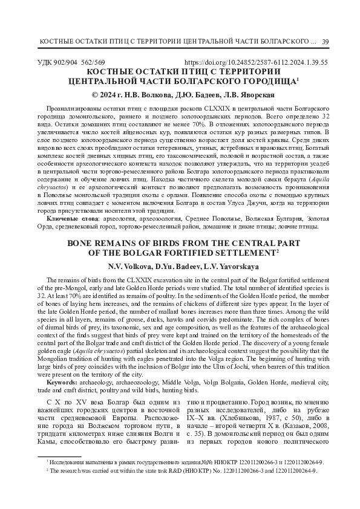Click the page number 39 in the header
(x=326, y=41)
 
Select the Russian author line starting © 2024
(x=180, y=95)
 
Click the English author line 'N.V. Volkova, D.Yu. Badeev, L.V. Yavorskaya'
(x=180, y=267)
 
